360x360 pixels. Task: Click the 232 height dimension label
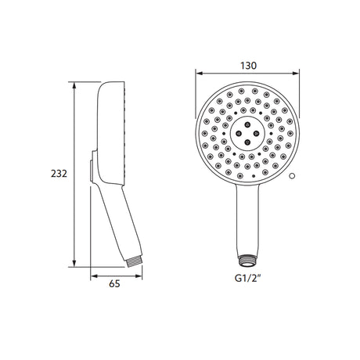coord(59,174)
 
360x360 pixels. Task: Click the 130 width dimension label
coord(248,66)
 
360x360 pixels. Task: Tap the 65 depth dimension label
coord(114,283)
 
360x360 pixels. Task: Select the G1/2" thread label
coord(247,279)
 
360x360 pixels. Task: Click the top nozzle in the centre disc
coord(247,124)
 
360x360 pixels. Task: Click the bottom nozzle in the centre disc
coord(247,142)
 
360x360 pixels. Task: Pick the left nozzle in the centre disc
coord(238,133)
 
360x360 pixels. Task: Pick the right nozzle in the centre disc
coord(256,133)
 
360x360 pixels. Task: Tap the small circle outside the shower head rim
coord(292,176)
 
